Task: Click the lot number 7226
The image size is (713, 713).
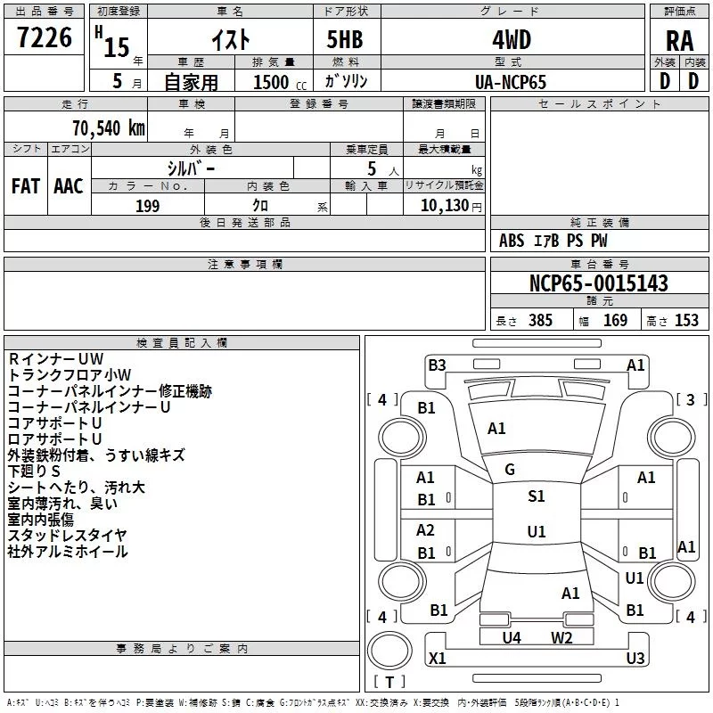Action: point(45,39)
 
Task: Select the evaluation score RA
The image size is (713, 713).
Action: point(679,41)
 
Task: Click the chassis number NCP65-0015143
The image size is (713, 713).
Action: point(598,283)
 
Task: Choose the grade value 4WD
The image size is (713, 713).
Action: point(511,40)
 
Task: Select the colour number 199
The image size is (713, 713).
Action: point(148,206)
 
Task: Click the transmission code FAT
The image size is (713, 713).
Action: point(25,185)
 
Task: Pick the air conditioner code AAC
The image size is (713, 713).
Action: point(68,185)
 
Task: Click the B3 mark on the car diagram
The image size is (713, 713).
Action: point(437,365)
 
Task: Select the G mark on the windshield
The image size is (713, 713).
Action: point(510,469)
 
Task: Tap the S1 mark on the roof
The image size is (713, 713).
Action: point(536,496)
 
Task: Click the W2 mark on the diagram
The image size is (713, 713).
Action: point(561,637)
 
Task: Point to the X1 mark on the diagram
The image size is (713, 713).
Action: point(438,659)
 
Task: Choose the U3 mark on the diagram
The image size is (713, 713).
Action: point(635,659)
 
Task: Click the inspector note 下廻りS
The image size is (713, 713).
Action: point(34,471)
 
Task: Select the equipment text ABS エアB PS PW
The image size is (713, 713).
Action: point(553,241)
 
